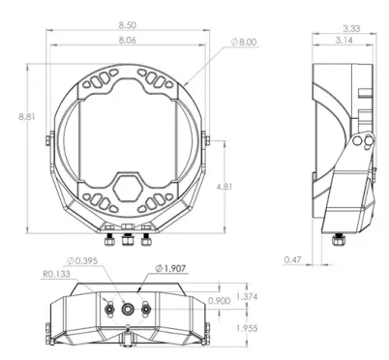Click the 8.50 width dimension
click(128, 24)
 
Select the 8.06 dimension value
click(128, 40)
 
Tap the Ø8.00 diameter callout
click(244, 43)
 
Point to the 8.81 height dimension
click(27, 116)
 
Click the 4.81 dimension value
click(224, 187)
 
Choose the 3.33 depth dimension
click(351, 28)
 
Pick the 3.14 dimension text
click(344, 41)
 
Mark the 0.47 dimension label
click(293, 259)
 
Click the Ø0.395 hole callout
click(82, 260)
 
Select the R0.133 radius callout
click(56, 274)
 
